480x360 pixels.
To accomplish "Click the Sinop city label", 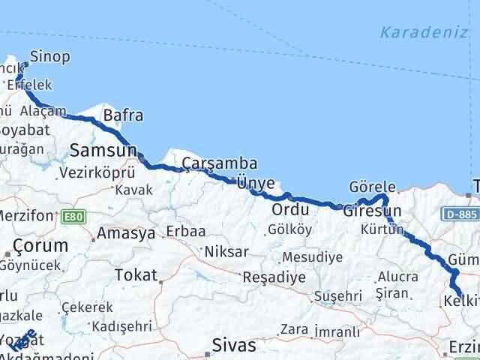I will coord(51,56).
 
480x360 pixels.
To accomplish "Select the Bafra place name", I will coord(123,115).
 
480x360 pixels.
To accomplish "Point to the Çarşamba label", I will coord(220,163).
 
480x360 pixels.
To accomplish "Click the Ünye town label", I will coord(255,181).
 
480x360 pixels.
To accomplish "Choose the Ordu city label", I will coord(290,208).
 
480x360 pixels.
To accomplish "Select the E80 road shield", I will coord(73,216).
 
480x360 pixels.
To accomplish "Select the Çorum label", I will coord(41,245).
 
